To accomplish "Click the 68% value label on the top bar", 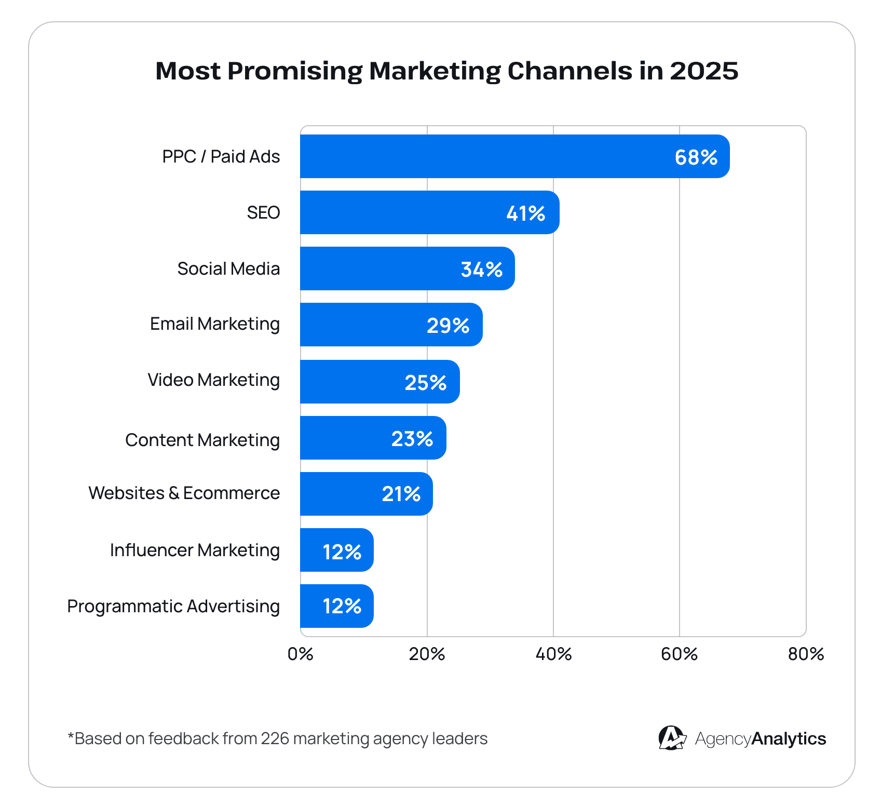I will coord(696,157).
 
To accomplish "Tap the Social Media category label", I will coord(228,268).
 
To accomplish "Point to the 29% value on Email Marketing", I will coord(448,326).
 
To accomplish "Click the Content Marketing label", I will coord(202,440).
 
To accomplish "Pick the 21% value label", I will coord(401,494).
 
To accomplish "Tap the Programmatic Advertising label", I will coord(173,606).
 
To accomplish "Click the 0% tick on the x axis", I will coord(300,654).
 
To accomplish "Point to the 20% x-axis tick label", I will coord(427,654).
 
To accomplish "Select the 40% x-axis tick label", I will coord(553,654).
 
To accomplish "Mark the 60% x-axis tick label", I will coord(679,654).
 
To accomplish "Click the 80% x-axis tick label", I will coord(806,654).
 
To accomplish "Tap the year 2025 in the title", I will coord(703,71).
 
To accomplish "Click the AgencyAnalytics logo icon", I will coord(671,738).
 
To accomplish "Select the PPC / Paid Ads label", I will coord(221,156).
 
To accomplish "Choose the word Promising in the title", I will coord(294,71).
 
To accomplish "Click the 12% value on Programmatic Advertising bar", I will coord(342,606).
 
